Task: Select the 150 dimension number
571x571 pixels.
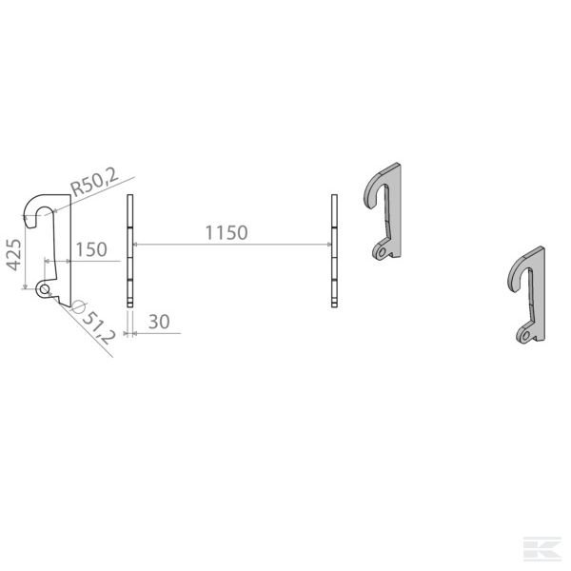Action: pyautogui.click(x=90, y=249)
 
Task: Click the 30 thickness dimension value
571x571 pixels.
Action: pyautogui.click(x=159, y=324)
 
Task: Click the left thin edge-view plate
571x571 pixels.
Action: pyautogui.click(x=129, y=251)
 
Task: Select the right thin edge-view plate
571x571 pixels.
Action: pyautogui.click(x=334, y=251)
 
